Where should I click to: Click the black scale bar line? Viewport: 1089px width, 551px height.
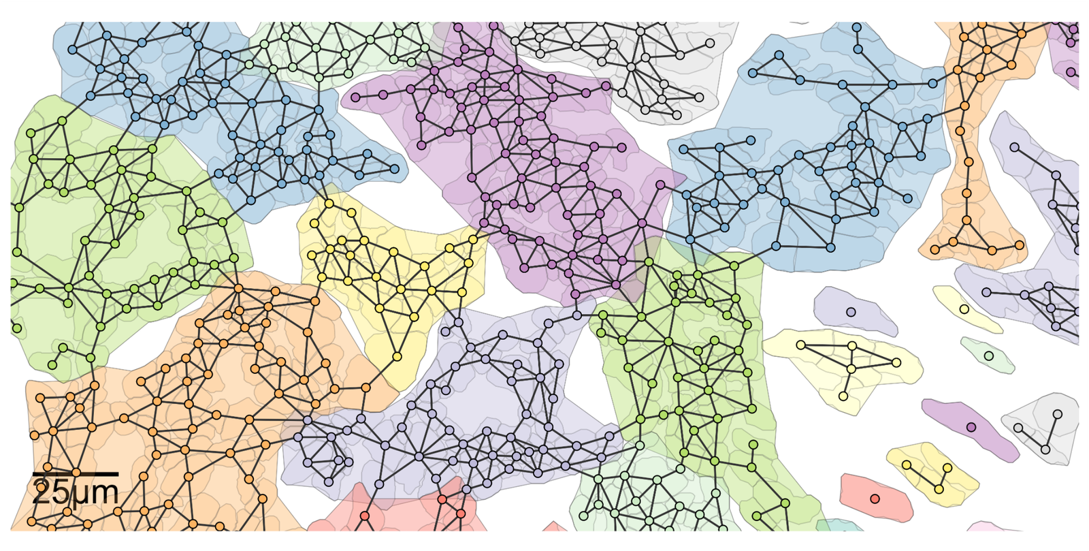75,473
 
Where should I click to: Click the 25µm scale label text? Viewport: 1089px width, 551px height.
75,492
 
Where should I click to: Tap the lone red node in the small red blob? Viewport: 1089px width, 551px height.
875,499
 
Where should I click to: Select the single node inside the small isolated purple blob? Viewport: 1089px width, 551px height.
971,428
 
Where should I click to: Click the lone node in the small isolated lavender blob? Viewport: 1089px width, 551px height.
851,312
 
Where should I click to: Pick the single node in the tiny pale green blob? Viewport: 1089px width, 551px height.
989,356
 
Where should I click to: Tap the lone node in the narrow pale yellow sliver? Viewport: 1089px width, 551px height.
964,309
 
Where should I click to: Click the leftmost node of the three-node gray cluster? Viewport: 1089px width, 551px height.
1018,428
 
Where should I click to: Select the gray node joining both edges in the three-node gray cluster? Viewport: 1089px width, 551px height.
1045,449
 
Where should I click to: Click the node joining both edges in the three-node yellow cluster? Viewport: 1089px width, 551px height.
939,489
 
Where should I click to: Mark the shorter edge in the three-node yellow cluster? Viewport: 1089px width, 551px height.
943,478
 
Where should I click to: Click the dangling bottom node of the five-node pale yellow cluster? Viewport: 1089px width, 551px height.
843,396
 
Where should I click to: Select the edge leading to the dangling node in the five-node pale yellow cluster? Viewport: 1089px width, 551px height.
847,383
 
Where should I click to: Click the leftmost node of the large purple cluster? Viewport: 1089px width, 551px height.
355,97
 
